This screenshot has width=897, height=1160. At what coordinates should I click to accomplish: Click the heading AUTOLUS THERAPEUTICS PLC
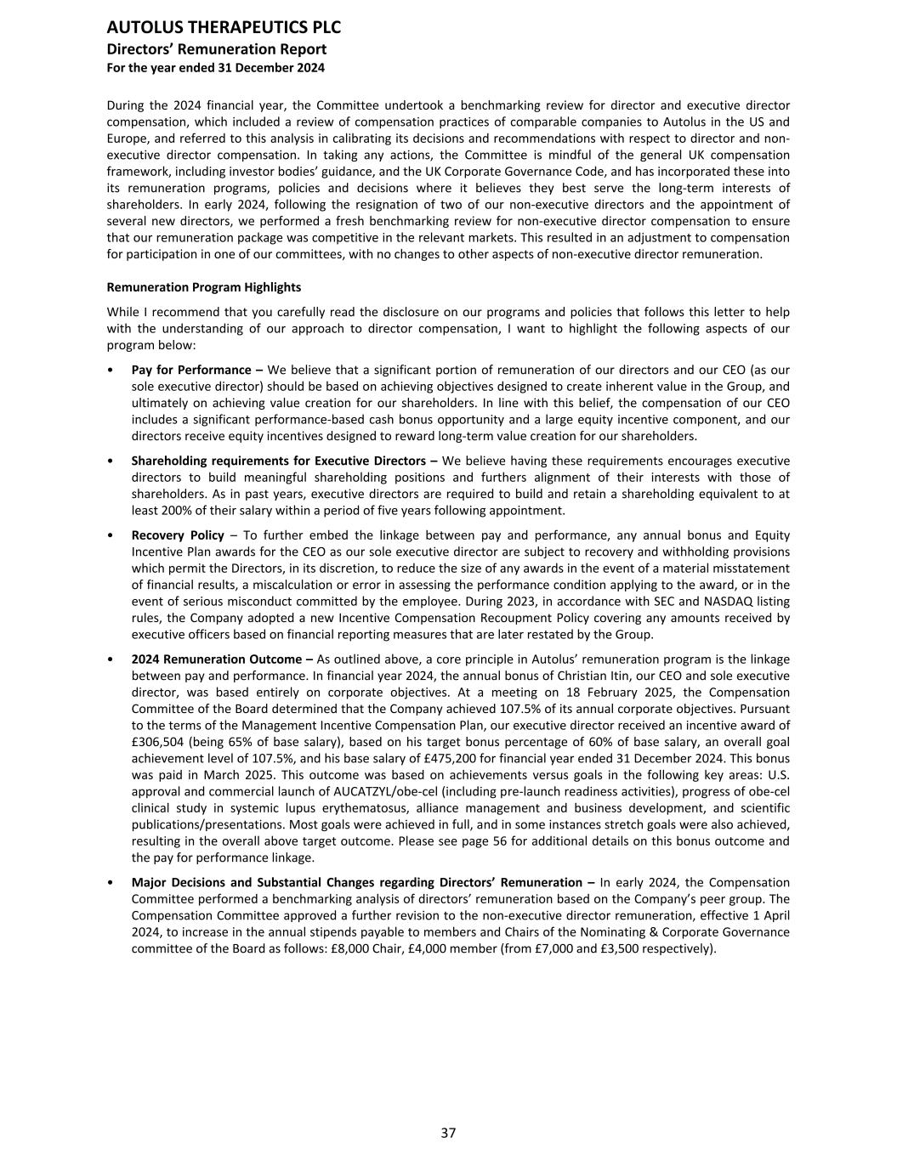224,29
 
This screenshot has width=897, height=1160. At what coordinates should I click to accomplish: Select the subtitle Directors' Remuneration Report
217,49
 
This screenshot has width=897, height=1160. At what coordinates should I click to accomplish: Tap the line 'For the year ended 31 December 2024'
216,67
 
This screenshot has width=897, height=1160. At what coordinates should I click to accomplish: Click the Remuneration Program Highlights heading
204,287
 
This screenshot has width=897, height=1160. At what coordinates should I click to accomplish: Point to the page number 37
448,1132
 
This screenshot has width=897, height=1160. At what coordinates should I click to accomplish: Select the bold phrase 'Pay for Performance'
191,371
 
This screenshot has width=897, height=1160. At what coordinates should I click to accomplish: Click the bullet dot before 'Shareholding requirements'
111,461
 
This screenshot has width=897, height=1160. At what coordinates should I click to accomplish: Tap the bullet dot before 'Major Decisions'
111,883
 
